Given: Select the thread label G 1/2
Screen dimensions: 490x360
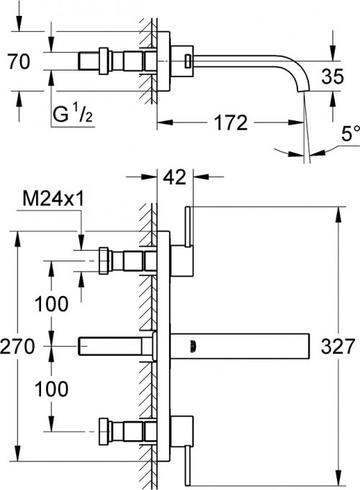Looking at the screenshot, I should point(73,112).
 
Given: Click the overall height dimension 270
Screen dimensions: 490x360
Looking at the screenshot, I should point(18,347).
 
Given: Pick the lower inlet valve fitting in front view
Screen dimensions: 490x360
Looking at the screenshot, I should point(126,431).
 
